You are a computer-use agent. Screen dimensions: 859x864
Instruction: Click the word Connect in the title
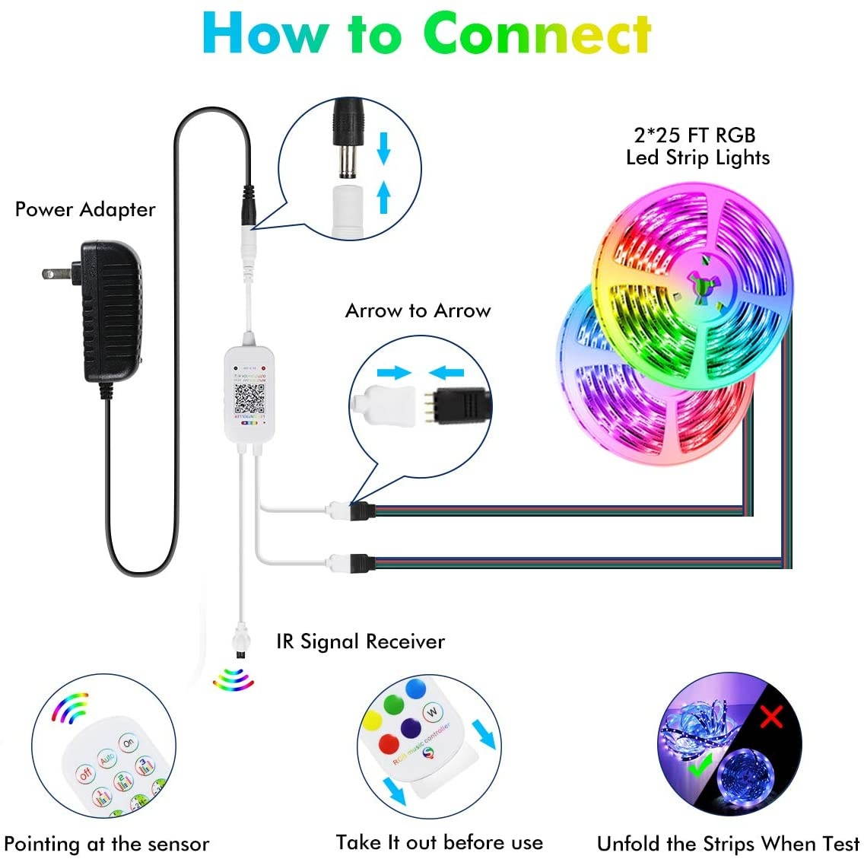(x=537, y=34)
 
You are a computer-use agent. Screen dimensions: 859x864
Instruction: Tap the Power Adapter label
(x=85, y=210)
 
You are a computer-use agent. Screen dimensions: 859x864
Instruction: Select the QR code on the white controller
(x=249, y=398)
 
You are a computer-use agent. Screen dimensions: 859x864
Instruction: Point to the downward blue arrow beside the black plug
(x=383, y=148)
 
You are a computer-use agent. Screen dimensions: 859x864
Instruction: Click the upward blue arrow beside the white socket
(x=383, y=197)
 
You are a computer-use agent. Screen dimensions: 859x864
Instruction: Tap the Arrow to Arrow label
(x=418, y=310)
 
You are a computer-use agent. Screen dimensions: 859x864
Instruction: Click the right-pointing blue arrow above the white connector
(x=394, y=373)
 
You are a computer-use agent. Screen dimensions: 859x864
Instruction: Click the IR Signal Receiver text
(x=360, y=641)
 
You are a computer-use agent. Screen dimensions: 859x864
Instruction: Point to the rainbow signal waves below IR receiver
(x=233, y=679)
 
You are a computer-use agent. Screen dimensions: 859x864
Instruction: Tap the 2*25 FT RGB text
(x=694, y=135)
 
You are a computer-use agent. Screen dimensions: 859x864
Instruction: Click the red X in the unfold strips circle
(x=771, y=717)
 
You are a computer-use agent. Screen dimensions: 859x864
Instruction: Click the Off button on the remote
(x=85, y=774)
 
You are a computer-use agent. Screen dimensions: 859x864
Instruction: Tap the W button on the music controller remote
(x=432, y=712)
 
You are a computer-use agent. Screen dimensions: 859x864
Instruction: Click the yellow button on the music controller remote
(x=373, y=719)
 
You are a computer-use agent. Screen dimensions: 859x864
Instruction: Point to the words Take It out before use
(x=439, y=842)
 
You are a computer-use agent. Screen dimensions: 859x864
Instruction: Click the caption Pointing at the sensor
(x=106, y=844)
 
